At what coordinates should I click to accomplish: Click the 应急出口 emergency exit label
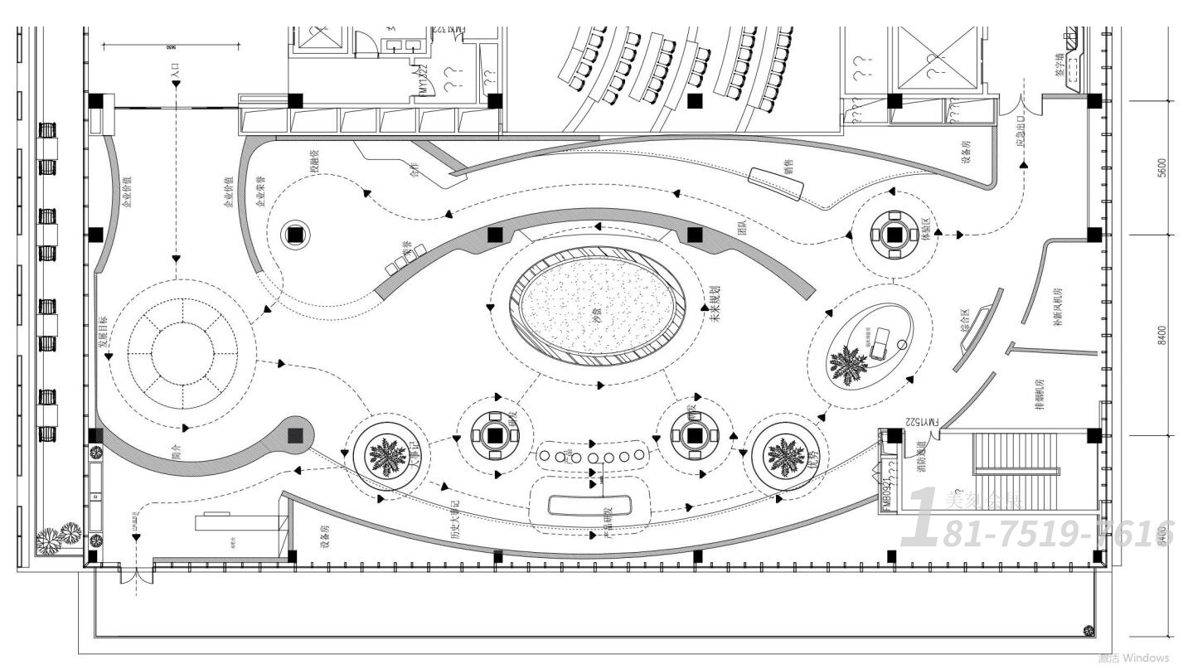click(x=1021, y=133)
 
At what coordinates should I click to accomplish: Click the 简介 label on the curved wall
click(x=176, y=453)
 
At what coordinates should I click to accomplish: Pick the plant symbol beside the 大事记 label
click(x=383, y=455)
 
